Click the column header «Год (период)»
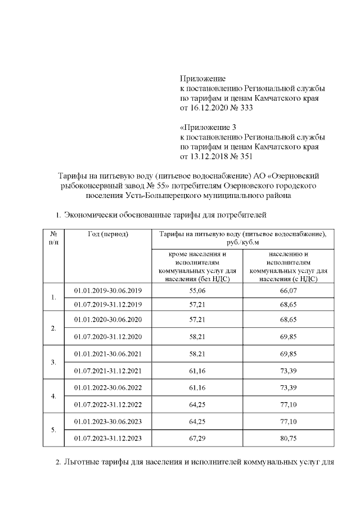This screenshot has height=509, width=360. [x=109, y=233]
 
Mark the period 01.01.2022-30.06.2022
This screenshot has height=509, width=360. [x=109, y=388]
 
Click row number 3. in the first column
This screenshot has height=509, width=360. [x=53, y=363]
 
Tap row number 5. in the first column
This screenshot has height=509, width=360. [x=53, y=430]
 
